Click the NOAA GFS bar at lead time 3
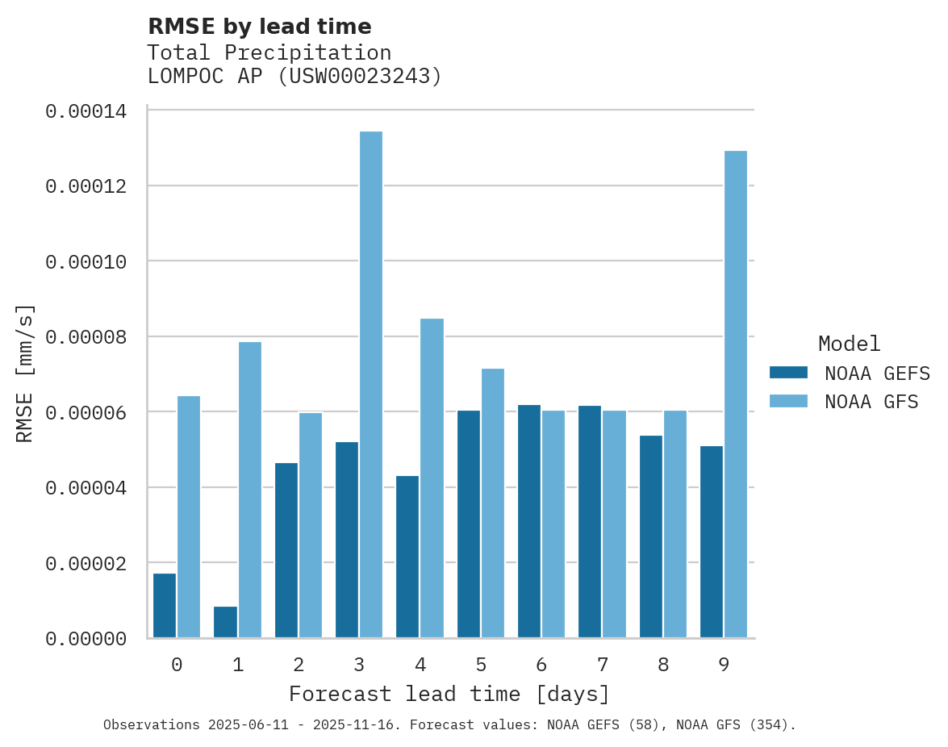pyautogui.click(x=371, y=384)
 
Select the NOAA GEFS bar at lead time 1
pyautogui.click(x=226, y=622)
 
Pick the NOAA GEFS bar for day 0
pyautogui.click(x=165, y=605)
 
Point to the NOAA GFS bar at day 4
pyautogui.click(x=432, y=478)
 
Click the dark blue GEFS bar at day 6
pyautogui.click(x=529, y=521)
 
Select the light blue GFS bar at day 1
pyautogui.click(x=250, y=490)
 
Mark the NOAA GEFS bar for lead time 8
pyautogui.click(x=651, y=536)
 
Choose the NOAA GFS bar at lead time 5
pyautogui.click(x=493, y=503)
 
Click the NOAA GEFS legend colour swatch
pyautogui.click(x=788, y=373)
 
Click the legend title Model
pyautogui.click(x=849, y=344)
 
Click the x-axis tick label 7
pyautogui.click(x=603, y=665)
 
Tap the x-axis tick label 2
pyautogui.click(x=299, y=665)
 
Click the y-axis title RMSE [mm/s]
pyautogui.click(x=26, y=373)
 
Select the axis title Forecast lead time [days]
pyautogui.click(x=449, y=694)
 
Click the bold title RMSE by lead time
pyautogui.click(x=260, y=27)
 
